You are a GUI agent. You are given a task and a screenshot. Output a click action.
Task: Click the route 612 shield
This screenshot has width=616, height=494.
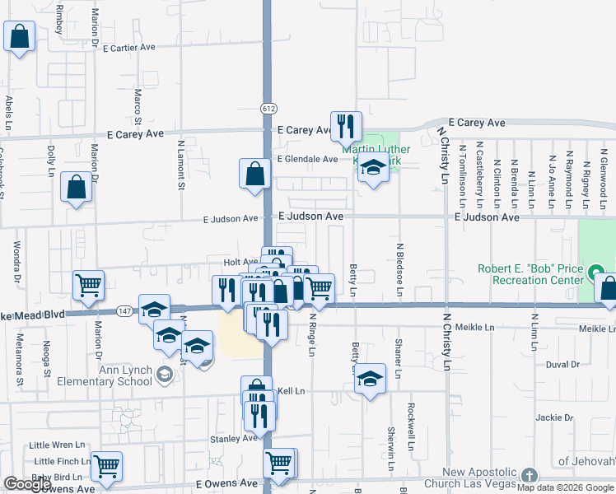(x=269, y=108)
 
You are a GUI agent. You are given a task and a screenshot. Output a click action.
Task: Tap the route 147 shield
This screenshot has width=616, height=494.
(x=124, y=310)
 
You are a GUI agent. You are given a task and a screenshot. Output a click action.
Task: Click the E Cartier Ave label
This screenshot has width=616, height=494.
(x=128, y=48)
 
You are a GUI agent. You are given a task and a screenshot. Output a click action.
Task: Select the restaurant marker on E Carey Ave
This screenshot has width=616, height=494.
(x=346, y=126)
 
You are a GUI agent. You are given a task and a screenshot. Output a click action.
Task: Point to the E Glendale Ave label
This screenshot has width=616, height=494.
(x=307, y=159)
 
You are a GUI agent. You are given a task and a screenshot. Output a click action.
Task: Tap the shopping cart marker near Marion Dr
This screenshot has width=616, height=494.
(x=88, y=285)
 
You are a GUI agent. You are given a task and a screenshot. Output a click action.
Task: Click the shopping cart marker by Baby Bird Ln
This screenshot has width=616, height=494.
(x=106, y=466)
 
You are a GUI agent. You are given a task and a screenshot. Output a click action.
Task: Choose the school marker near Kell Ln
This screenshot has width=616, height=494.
(x=371, y=379)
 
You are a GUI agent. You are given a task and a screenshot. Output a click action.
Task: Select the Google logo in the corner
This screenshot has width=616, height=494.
(x=26, y=484)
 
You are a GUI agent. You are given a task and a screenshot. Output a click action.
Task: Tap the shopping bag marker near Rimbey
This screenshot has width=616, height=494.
(x=19, y=36)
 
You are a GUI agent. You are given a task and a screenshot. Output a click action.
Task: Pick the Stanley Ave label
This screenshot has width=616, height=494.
(x=233, y=439)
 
